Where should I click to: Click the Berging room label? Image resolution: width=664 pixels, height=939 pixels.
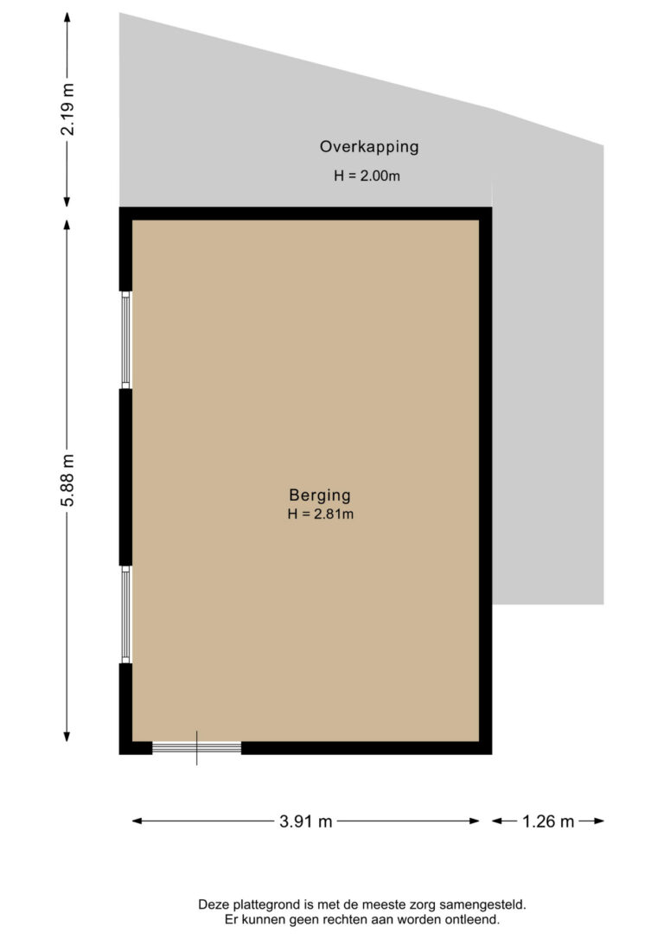[320, 495]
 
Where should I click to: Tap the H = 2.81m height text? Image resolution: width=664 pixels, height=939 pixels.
[320, 514]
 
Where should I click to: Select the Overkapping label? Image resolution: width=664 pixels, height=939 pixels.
[369, 147]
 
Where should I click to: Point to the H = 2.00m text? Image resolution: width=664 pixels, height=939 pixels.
[367, 176]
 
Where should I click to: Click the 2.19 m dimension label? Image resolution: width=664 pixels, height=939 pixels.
[68, 110]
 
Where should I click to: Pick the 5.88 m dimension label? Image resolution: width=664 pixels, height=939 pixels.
[68, 480]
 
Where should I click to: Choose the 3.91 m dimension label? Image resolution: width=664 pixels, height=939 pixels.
[305, 821]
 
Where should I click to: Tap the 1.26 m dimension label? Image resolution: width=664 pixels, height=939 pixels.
[548, 821]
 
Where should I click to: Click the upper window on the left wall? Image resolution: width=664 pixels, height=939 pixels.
[125, 340]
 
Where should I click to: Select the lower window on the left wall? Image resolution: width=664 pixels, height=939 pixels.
[125, 615]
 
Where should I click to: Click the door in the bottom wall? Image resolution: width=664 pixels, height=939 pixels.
[197, 747]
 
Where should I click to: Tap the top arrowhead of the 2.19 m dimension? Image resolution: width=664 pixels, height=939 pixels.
[67, 16]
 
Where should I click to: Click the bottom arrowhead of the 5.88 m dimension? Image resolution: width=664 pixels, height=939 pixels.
[67, 738]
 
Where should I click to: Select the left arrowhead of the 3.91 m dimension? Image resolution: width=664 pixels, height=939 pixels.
[137, 821]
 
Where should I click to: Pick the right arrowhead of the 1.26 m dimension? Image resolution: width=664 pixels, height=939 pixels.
[599, 821]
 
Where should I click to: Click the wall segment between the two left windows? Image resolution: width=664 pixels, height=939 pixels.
[125, 477]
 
